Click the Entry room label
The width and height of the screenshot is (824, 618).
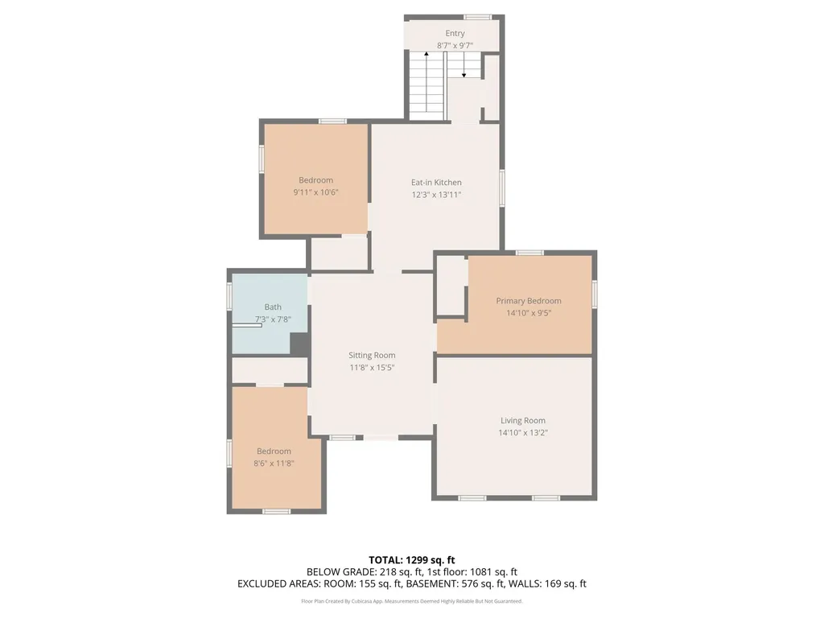(455, 33)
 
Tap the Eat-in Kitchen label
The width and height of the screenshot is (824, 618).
(436, 183)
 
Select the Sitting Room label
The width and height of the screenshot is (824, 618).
(372, 355)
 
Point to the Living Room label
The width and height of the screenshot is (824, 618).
(522, 420)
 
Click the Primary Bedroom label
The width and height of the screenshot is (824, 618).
(528, 301)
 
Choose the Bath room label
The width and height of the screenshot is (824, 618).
(273, 307)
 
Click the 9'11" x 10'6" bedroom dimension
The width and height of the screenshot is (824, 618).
(315, 192)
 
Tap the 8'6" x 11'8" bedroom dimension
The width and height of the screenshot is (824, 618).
(274, 463)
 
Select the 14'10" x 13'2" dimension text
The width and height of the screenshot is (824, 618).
(523, 433)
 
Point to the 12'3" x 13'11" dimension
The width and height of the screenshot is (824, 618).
(436, 195)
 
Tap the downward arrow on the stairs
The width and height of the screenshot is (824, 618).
(463, 65)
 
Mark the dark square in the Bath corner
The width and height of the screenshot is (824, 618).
(299, 344)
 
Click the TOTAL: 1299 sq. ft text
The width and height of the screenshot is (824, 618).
(411, 560)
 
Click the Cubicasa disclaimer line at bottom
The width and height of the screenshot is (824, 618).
(411, 601)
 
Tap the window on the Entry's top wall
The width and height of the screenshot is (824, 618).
(477, 18)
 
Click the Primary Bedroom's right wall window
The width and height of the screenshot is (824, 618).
(595, 294)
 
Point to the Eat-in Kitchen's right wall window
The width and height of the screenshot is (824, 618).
(502, 187)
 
